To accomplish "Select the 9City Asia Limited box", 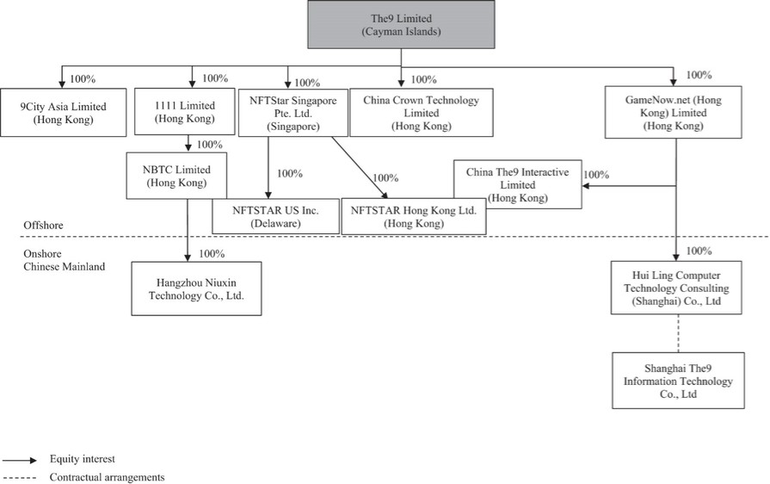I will point(63,112).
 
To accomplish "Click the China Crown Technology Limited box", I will point(422,113).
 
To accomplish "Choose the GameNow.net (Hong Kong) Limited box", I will point(674,113).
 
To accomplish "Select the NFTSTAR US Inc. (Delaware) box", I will point(274,216).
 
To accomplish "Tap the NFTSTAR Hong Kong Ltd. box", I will point(415,216).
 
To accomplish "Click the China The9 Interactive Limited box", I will point(517,184).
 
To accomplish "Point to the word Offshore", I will point(44,226).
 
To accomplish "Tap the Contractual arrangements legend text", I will point(107,476).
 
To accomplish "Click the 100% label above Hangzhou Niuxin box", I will point(212,253).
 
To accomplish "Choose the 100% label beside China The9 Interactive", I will point(596,175).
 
